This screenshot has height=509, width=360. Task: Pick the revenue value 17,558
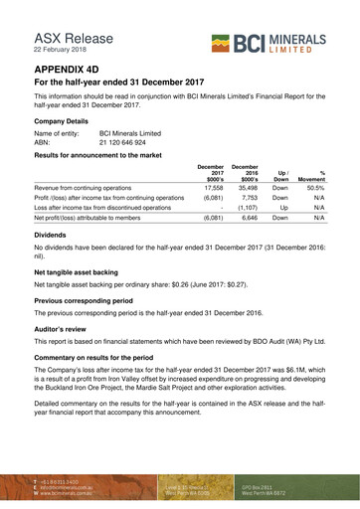(x=211, y=186)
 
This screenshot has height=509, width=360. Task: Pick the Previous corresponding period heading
(x=94, y=299)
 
